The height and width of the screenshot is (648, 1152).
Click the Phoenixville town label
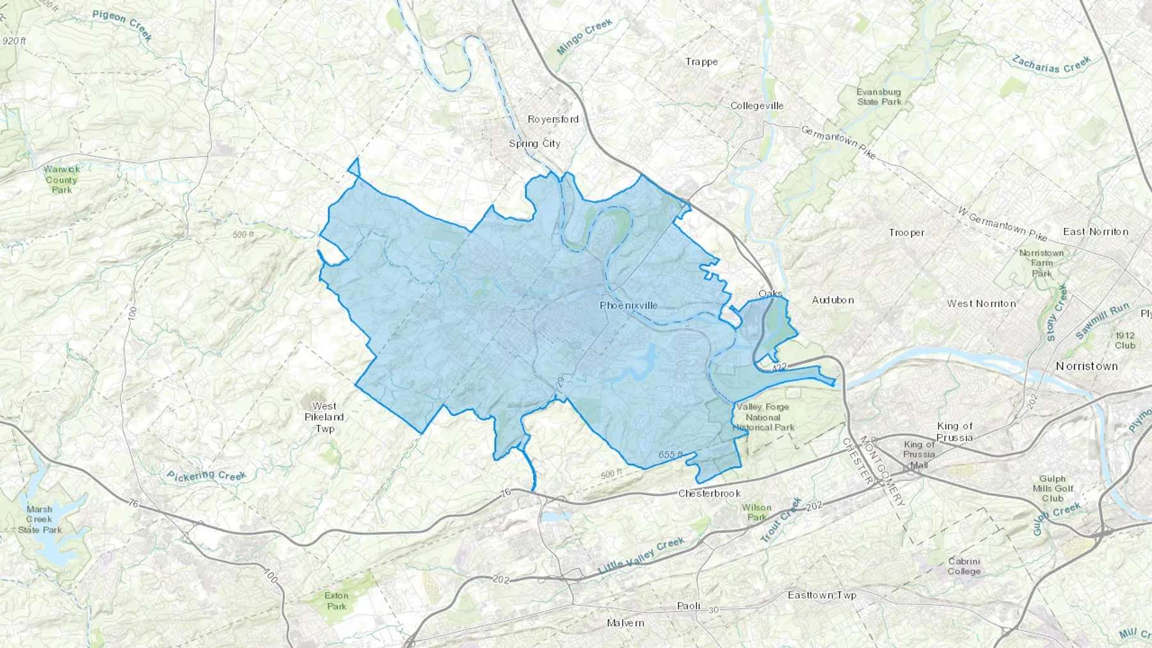point(628,305)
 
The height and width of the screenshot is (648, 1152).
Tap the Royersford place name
point(553,119)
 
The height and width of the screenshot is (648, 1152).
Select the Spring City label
point(534,143)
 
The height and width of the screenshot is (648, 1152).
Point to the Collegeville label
point(757,106)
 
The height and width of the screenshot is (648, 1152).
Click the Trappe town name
point(701,61)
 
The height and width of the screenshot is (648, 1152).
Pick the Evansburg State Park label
point(879,97)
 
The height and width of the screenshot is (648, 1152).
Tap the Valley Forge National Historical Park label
point(763,417)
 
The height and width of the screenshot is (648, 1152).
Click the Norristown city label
point(1087,366)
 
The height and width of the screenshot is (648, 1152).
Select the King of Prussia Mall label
point(919,454)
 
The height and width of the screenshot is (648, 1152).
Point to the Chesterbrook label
point(709,493)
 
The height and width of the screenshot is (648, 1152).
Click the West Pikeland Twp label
point(324,417)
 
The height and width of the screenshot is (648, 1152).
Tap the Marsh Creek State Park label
point(40,519)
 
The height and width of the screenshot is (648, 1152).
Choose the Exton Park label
point(336,601)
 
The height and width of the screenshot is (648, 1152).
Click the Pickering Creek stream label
point(207,475)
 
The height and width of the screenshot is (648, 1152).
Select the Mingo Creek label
point(584,36)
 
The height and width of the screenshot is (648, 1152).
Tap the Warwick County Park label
point(61,180)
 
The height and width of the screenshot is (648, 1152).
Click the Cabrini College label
point(964,566)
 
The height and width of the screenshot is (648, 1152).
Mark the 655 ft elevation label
point(671,455)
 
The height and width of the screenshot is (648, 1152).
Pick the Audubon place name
point(833,299)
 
